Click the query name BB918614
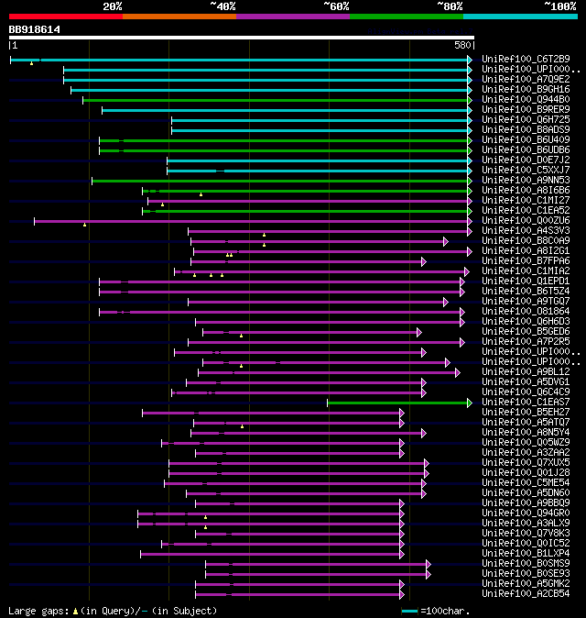point(35,29)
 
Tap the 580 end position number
point(462,45)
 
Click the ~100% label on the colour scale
point(559,6)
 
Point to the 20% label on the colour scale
point(112,6)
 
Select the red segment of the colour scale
point(65,16)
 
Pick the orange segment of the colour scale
point(179,16)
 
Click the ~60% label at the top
point(336,6)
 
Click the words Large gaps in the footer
point(37,611)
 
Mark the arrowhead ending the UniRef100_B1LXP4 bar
point(401,554)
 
